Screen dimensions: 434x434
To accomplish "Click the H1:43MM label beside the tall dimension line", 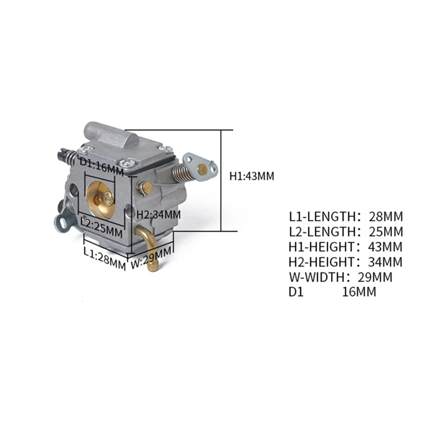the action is point(252,176).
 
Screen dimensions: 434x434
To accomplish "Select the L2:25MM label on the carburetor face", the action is point(102,228).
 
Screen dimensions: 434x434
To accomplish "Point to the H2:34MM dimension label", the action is point(158,214).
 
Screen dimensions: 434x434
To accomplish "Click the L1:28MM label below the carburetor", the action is point(105,259).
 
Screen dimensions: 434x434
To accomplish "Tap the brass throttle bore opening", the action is point(101,199).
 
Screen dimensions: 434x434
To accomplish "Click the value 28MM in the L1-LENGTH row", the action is point(386,217).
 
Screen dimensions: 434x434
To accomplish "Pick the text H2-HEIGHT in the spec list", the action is point(322,262).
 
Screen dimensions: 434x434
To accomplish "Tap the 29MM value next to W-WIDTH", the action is point(375,277).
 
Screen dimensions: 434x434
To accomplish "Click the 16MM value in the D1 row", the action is point(359,292).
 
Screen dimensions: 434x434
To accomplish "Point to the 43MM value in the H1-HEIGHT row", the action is point(385,247).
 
